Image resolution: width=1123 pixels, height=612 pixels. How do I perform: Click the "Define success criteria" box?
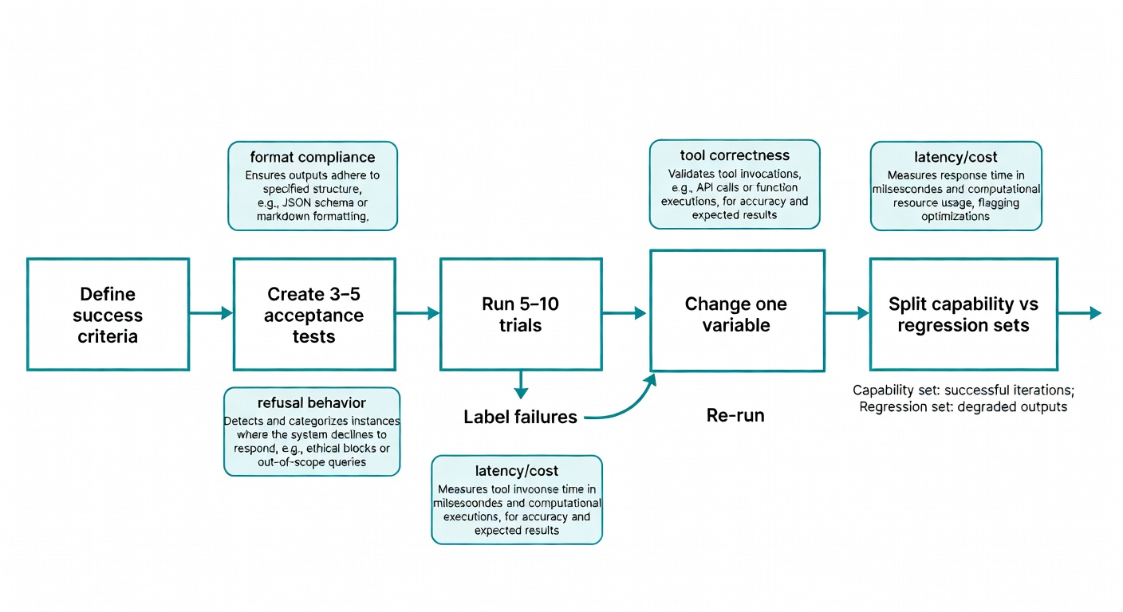coord(108,314)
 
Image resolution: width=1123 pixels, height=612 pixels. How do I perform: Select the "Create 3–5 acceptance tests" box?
coord(314,314)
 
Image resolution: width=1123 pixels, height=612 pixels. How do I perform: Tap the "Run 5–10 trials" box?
coord(521,314)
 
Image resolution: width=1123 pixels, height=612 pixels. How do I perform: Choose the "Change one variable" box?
coord(736,311)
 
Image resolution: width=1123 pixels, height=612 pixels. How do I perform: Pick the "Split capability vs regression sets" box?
coord(963,314)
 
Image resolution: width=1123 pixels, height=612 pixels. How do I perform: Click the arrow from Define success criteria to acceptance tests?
coord(211,314)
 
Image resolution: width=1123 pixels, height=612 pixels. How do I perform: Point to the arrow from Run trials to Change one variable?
coord(625,314)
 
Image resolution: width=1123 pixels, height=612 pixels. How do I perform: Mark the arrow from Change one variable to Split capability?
coord(847,314)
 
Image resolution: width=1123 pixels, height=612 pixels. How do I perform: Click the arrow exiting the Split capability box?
coord(1080,314)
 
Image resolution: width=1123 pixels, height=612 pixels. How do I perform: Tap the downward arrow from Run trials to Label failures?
coord(521,385)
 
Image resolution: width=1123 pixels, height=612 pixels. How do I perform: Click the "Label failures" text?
coord(520,417)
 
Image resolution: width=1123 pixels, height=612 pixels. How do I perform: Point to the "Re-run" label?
coord(735,415)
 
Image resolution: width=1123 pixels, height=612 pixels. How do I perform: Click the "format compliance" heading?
coord(312,156)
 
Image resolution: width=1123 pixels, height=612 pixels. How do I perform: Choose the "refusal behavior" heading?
coord(312,402)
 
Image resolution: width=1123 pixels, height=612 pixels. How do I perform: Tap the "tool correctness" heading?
coord(735,155)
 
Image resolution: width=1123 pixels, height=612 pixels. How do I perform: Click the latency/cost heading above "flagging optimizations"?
coord(956,157)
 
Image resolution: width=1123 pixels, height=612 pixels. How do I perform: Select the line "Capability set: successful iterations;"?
coord(963,390)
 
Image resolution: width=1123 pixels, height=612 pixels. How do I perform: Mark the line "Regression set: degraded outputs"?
coord(963,406)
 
